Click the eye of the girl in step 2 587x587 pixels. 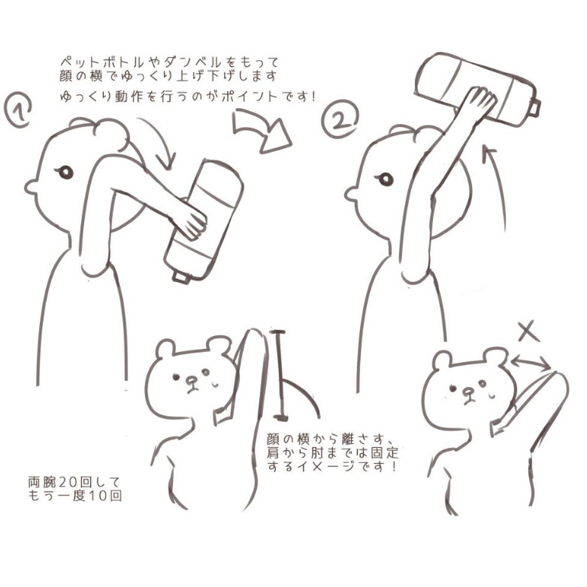tap(386, 179)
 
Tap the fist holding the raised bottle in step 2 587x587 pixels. tap(479, 101)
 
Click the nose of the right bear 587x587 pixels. tap(469, 392)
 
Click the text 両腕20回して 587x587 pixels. tap(72, 481)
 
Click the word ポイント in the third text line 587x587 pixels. tap(247, 96)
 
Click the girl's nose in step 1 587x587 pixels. tap(30, 186)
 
